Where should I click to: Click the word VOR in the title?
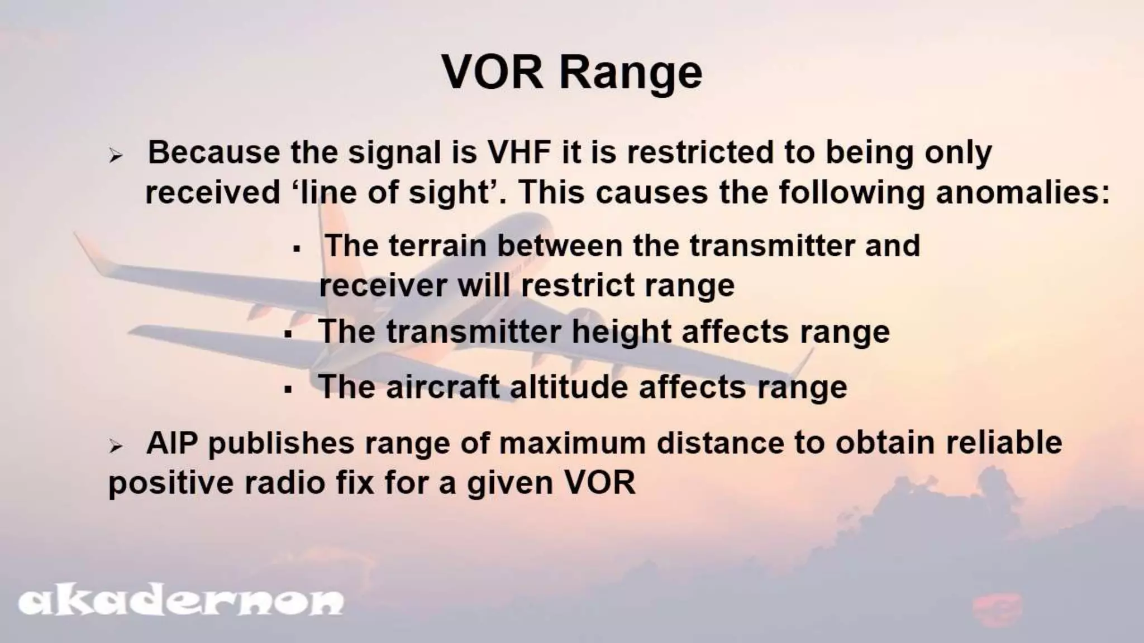click(x=492, y=73)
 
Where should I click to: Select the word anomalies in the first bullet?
click(x=1022, y=193)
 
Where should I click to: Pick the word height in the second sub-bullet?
click(x=621, y=332)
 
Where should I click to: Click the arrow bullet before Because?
click(x=116, y=156)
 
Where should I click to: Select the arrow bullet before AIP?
click(x=116, y=447)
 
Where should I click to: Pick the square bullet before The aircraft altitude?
click(x=288, y=389)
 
